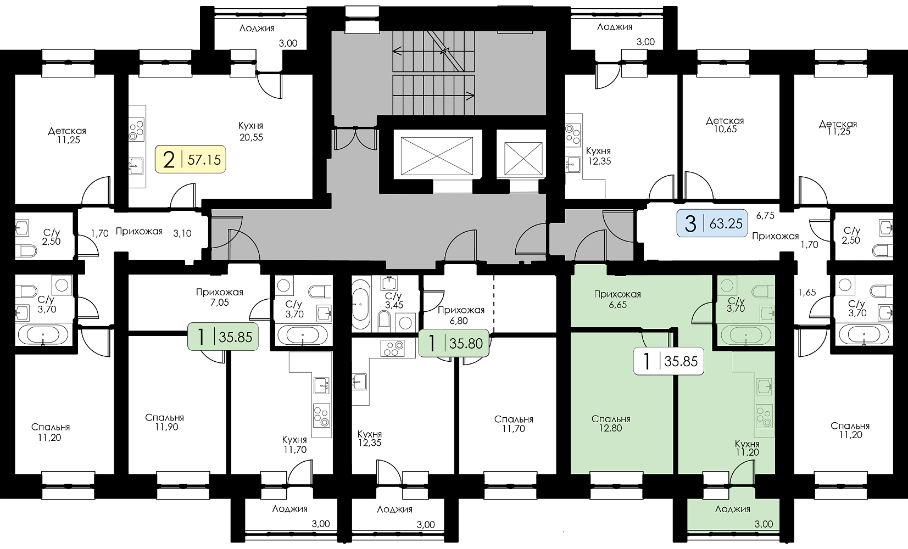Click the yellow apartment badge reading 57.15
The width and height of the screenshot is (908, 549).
click(190, 159)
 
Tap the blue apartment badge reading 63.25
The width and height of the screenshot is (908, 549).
click(712, 223)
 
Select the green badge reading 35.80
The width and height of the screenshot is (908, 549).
click(454, 343)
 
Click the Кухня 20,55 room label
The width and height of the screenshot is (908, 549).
click(251, 131)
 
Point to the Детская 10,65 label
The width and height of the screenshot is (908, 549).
click(725, 125)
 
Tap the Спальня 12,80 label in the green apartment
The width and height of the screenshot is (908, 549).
click(611, 423)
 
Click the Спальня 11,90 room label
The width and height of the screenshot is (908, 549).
click(165, 422)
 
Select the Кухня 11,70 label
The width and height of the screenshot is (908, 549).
click(294, 444)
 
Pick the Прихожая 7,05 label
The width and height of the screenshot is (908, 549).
click(220, 297)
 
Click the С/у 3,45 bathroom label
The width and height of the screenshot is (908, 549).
click(394, 301)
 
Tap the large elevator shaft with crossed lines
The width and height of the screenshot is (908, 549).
click(437, 156)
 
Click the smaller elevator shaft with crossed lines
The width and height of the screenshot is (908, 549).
click(523, 159)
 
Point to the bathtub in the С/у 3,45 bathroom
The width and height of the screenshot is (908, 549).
click(361, 304)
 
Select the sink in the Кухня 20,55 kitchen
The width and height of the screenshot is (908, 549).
click(136, 166)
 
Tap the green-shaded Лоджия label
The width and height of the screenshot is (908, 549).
click(732, 509)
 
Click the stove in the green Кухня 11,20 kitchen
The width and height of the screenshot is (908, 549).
click(764, 416)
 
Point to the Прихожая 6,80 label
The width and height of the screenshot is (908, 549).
click(461, 315)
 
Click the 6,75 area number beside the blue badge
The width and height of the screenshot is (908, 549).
click(765, 216)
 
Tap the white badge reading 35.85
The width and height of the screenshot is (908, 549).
click(669, 361)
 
